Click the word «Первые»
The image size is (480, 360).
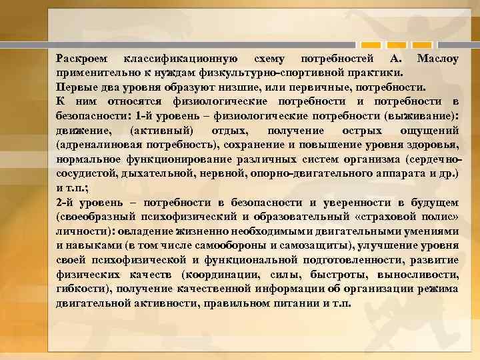click(x=75, y=87)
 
